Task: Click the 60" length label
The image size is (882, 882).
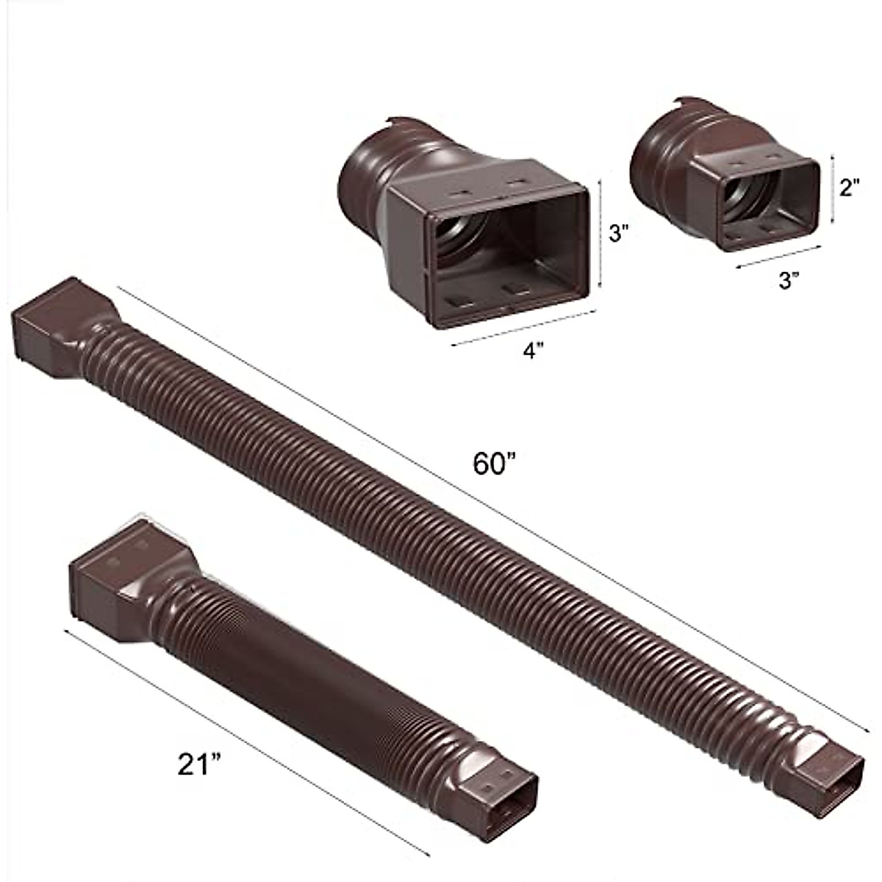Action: [x=495, y=464]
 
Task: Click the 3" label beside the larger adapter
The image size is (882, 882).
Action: [x=619, y=234]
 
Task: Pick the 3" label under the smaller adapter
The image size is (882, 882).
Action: [x=789, y=279]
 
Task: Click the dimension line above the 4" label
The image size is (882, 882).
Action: [x=522, y=327]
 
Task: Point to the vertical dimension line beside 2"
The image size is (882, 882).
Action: [x=832, y=189]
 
